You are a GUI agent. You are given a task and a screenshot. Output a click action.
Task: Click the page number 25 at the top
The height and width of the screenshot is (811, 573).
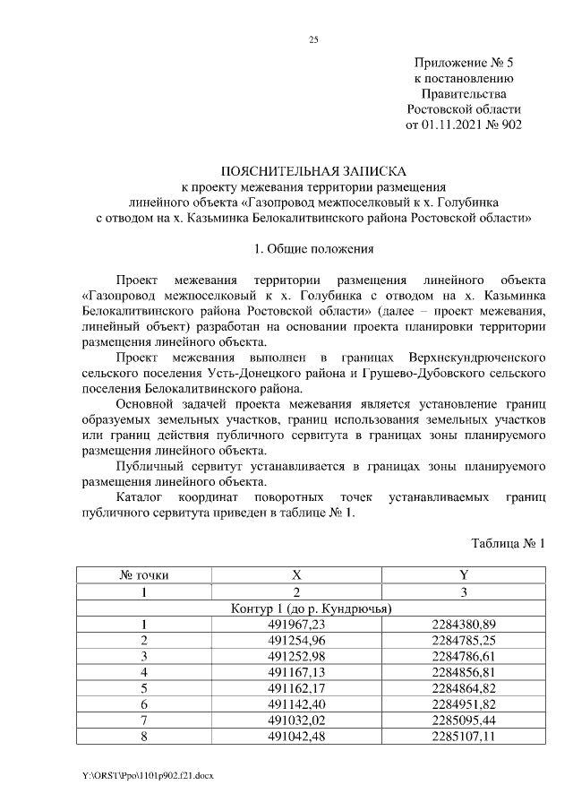click(x=313, y=39)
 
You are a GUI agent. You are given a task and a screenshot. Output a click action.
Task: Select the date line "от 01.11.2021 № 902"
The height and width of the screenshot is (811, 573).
click(x=464, y=125)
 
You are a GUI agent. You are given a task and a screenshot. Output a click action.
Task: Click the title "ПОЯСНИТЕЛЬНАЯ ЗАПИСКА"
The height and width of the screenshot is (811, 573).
click(x=313, y=171)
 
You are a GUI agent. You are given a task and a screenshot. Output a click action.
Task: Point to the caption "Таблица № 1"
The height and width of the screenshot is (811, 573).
click(x=507, y=543)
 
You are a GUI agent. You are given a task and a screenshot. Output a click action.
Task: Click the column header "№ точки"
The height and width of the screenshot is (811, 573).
click(x=144, y=575)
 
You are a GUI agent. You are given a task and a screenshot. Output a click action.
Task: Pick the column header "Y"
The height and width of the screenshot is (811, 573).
click(x=463, y=575)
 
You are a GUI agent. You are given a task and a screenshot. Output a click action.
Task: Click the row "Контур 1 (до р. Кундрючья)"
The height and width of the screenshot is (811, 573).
click(x=313, y=608)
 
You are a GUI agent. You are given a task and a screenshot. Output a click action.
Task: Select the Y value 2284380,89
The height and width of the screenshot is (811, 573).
click(x=463, y=625)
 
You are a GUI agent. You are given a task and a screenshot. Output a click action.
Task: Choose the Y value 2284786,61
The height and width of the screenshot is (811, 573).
click(x=463, y=657)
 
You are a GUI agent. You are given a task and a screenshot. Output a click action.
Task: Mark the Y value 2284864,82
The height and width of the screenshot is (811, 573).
click(x=463, y=689)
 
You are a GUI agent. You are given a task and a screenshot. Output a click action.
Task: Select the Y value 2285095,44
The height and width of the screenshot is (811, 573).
click(x=463, y=721)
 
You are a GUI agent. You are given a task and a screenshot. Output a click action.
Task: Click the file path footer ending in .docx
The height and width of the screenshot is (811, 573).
click(x=147, y=773)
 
